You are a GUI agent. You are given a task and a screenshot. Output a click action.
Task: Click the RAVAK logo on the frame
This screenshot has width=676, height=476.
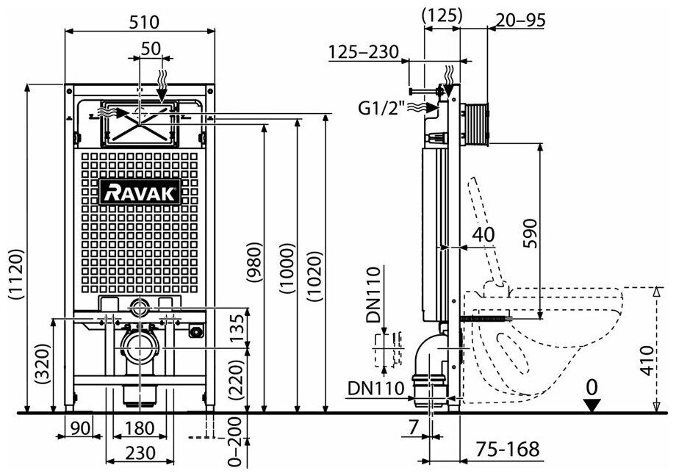(140, 192)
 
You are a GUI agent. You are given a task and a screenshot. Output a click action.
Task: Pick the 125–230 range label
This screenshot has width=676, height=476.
(363, 52)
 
